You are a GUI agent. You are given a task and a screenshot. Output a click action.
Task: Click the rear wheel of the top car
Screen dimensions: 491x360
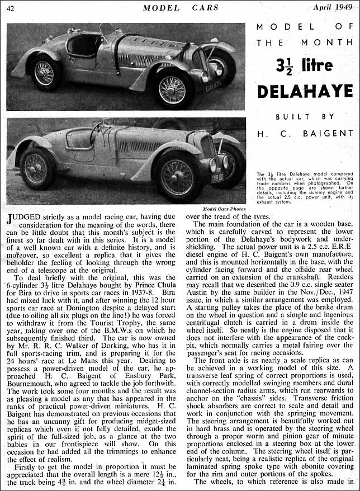45,72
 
